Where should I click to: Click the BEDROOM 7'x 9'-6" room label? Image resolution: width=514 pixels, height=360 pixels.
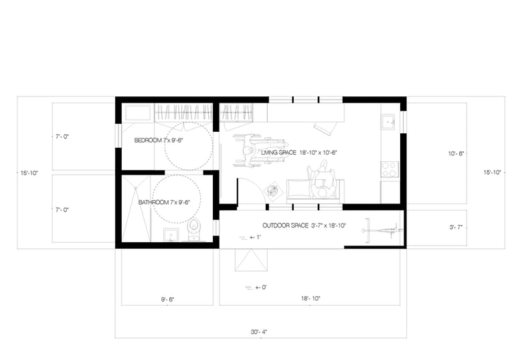tap(159, 141)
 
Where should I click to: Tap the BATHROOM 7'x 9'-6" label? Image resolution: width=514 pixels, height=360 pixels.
tap(164, 202)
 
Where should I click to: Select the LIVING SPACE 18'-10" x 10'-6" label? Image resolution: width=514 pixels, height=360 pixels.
tap(299, 153)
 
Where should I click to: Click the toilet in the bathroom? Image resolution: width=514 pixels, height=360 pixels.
tap(193, 229)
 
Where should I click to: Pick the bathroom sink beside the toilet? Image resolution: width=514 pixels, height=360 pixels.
tap(171, 235)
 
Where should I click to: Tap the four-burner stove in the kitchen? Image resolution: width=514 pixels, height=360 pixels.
tap(390, 169)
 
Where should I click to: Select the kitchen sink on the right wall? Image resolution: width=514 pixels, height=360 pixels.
tap(389, 122)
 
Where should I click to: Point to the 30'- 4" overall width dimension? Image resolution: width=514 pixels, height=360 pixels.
tap(259, 332)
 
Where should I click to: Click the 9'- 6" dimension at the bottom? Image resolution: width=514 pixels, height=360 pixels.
tap(167, 299)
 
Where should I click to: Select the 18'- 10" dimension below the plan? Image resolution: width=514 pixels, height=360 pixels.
tap(311, 298)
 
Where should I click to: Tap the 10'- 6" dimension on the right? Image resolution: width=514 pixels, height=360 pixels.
tap(456, 153)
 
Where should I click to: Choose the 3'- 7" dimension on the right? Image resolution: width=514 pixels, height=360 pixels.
tap(456, 227)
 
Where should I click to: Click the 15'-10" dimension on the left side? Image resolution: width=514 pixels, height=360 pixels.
tap(29, 173)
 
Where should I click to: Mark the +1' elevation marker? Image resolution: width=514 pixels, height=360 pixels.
tap(250, 237)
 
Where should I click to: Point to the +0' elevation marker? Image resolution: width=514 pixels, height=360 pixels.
tap(256, 287)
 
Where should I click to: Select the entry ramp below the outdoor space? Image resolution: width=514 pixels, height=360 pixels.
tap(251, 260)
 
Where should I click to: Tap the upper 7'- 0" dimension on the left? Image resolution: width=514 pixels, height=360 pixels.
tap(62, 137)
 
